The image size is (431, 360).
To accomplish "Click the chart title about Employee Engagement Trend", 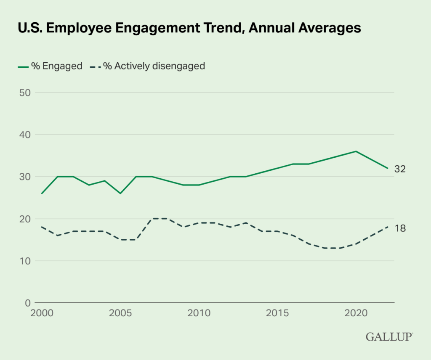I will [189, 28].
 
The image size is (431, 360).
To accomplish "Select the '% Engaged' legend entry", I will [50, 66].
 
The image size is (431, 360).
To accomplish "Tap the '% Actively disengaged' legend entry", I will [148, 66].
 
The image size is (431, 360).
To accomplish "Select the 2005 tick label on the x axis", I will [120, 313].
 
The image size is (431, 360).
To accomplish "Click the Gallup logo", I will [389, 337].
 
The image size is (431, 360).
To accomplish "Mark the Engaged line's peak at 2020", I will [356, 151].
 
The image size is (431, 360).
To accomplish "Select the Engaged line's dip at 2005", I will [120, 193].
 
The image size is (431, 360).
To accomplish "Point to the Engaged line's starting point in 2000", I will [42, 193].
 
